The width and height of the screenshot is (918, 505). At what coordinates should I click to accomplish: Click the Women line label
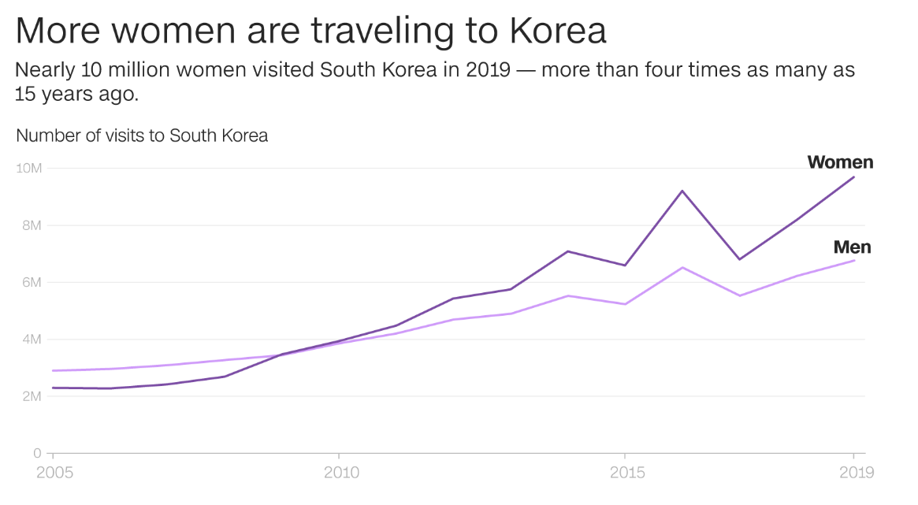click(840, 162)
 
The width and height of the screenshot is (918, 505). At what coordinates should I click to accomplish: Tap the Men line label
click(852, 247)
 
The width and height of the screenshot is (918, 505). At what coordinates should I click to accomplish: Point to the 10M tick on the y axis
click(30, 169)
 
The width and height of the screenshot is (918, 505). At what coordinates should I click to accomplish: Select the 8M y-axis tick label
click(32, 225)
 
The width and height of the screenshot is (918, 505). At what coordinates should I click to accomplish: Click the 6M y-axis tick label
click(32, 282)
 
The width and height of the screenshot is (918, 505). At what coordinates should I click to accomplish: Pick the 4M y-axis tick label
click(32, 340)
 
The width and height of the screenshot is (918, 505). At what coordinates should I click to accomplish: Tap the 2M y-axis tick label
click(32, 396)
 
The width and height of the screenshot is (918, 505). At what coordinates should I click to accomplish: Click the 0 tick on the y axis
click(37, 453)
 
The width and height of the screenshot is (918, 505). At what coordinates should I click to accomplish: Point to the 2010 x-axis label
click(341, 473)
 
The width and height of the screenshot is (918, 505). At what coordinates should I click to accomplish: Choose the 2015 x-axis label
click(627, 473)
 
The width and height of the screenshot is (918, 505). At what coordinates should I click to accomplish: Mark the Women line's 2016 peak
click(682, 191)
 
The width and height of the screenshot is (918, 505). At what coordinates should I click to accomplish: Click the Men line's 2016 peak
click(682, 268)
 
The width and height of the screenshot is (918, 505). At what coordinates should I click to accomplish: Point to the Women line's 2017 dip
click(739, 259)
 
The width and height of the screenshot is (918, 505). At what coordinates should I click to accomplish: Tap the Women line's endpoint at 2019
click(853, 176)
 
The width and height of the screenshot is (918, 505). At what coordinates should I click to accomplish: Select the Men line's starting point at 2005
click(53, 370)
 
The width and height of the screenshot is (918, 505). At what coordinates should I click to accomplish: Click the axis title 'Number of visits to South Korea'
click(142, 136)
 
